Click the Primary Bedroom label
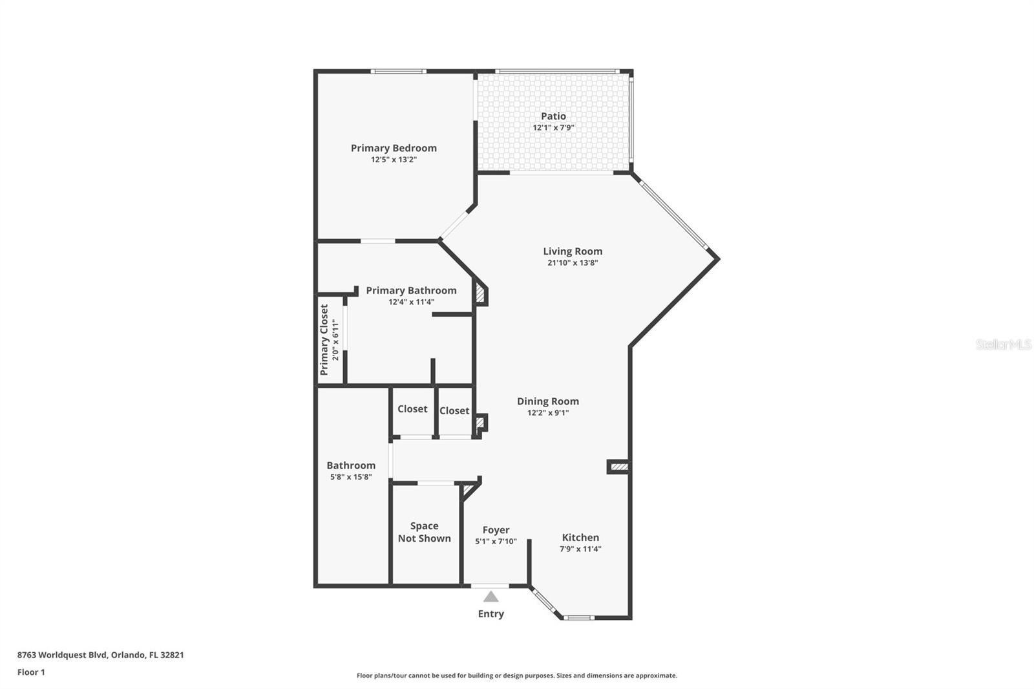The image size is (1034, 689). point(394,148)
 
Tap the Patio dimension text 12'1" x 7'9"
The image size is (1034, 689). point(553,128)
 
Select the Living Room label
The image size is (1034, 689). point(573,251)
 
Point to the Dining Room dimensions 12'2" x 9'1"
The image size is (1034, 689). point(548,413)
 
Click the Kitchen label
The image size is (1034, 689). point(580,537)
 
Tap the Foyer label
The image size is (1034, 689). point(496,530)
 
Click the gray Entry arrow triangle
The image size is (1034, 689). point(491,597)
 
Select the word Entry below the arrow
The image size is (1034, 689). point(491,614)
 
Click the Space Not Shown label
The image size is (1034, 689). point(424,532)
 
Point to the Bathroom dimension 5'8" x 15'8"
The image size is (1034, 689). point(351,478)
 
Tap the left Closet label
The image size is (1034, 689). point(412,409)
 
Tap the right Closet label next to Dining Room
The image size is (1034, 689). point(454,411)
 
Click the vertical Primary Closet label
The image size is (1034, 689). point(324,340)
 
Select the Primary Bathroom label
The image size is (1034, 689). point(411,291)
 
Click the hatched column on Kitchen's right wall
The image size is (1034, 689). point(618,466)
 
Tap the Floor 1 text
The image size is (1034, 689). point(31,672)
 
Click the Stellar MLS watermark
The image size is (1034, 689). point(1003,344)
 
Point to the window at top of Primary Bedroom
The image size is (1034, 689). point(398,71)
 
